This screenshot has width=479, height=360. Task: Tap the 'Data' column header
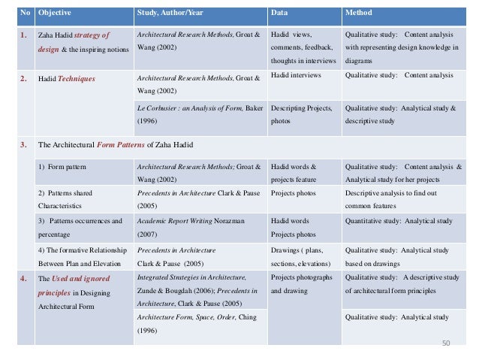point(279,13)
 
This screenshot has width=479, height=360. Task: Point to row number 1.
point(25,35)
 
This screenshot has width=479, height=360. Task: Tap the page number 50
point(446,343)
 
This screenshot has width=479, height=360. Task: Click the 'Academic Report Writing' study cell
point(176,221)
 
